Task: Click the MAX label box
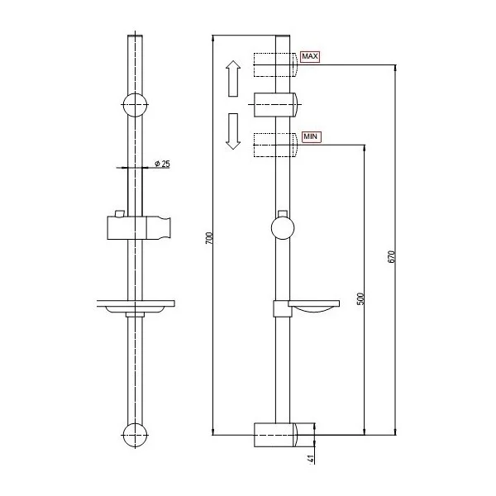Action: click(x=310, y=56)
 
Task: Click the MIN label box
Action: click(x=311, y=137)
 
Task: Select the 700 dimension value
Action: click(x=209, y=238)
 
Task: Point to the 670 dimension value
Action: click(x=391, y=256)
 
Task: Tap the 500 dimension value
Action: click(x=360, y=299)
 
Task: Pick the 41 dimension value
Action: click(x=311, y=459)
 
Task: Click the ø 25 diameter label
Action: click(x=162, y=164)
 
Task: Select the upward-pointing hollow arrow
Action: click(x=233, y=79)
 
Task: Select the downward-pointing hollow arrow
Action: click(x=233, y=131)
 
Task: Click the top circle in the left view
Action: click(x=136, y=105)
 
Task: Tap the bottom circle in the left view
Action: click(x=136, y=436)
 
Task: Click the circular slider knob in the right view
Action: click(x=283, y=228)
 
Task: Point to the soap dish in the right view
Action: click(x=306, y=308)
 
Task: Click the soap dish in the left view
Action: click(x=136, y=307)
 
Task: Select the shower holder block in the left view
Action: click(x=139, y=228)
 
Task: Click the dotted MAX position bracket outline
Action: click(x=275, y=64)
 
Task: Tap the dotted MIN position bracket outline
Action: click(x=275, y=145)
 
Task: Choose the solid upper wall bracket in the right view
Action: click(x=275, y=105)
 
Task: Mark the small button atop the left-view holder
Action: click(x=120, y=213)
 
